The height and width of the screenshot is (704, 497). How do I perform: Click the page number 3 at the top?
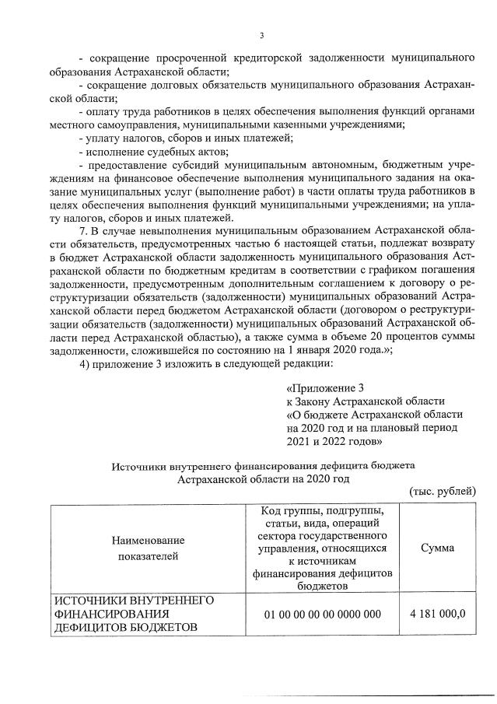(261, 35)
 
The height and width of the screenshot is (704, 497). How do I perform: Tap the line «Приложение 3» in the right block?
(325, 388)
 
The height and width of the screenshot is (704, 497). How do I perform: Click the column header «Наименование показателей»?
(148, 548)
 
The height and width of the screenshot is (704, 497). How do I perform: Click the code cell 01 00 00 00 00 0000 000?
(322, 614)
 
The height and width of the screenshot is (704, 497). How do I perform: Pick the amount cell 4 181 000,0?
(438, 613)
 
